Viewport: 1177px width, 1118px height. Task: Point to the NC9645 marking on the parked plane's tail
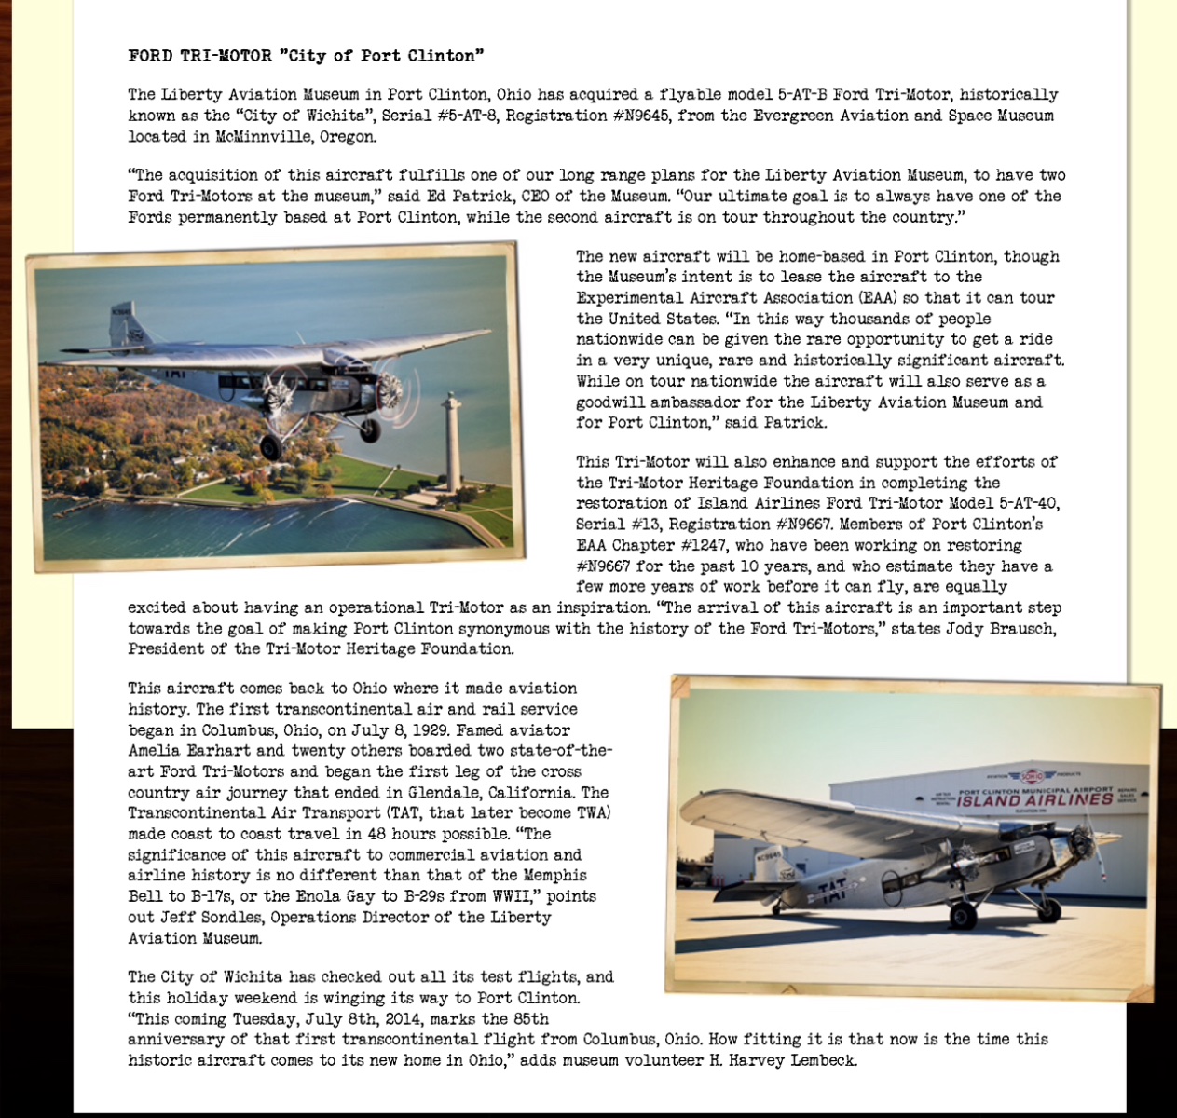click(x=770, y=855)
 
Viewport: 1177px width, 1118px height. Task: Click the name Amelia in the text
click(x=157, y=751)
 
